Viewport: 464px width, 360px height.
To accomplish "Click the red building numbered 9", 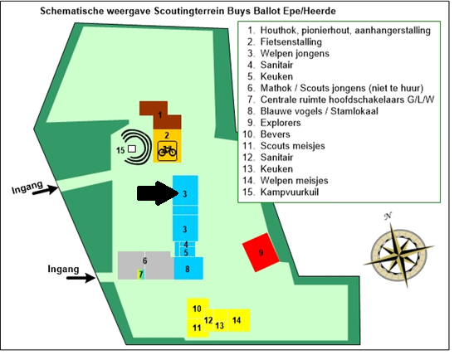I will pos(261,252).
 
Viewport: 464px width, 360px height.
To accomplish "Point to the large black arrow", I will pos(156,193).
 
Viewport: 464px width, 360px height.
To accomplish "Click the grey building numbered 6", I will pos(145,262).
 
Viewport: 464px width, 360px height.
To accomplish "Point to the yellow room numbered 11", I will pos(197,328).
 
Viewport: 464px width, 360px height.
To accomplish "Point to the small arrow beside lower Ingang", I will pos(79,279).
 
